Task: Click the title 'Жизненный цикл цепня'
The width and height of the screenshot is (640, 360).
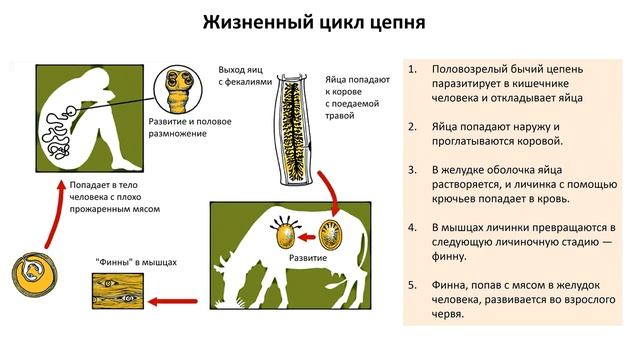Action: tap(319, 22)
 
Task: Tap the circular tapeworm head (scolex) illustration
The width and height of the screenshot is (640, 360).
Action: tap(180, 94)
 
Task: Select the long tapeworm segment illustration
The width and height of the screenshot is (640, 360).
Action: tap(299, 130)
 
